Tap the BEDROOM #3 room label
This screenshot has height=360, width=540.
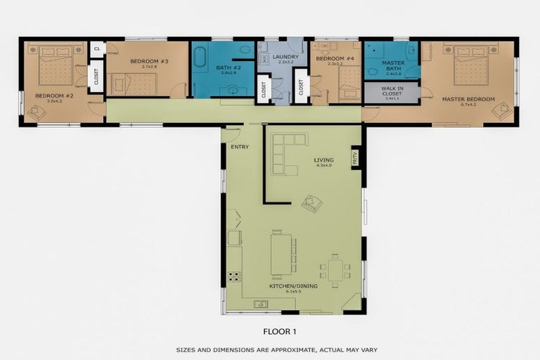[149, 61]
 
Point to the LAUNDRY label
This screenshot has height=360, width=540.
[285, 57]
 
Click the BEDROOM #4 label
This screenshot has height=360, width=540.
[330, 59]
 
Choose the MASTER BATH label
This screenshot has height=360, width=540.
[392, 65]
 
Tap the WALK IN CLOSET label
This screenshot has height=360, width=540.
[392, 93]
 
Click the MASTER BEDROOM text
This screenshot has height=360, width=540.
[468, 99]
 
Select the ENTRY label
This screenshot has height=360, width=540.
[235, 146]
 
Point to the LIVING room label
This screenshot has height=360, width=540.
[323, 160]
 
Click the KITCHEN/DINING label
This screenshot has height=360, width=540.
[293, 286]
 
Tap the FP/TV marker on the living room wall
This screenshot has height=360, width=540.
[355, 157]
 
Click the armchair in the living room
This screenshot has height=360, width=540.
[311, 203]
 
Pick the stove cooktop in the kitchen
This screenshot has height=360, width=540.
[234, 276]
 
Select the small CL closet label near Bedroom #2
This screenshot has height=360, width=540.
[97, 49]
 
